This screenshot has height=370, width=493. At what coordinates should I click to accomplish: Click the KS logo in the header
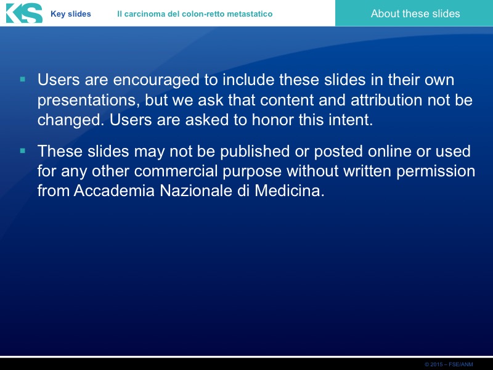tap(24, 13)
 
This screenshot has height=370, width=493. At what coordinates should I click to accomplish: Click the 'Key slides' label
tap(71, 14)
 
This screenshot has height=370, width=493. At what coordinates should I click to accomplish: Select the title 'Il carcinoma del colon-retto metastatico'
tap(195, 14)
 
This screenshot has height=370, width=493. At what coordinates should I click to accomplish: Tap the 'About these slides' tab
tap(415, 14)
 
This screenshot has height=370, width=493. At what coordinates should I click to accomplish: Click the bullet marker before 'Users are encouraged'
tap(23, 79)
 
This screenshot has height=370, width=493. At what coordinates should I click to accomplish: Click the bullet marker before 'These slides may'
tap(23, 151)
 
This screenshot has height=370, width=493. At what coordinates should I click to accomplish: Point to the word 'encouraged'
tap(157, 80)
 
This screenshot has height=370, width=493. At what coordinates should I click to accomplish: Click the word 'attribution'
tap(386, 100)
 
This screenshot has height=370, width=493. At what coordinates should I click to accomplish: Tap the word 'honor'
tap(272, 120)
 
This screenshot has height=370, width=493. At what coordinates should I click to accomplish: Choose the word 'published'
tap(255, 152)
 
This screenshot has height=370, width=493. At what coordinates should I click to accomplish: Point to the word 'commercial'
tap(176, 171)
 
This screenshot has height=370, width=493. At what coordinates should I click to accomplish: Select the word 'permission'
tap(436, 172)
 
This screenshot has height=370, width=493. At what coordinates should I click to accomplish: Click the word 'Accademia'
tap(114, 191)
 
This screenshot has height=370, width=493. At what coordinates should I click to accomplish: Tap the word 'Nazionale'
tap(196, 191)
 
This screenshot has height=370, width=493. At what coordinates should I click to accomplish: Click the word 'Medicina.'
tap(290, 191)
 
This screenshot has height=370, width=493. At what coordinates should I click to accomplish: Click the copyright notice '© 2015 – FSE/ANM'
tap(449, 364)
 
